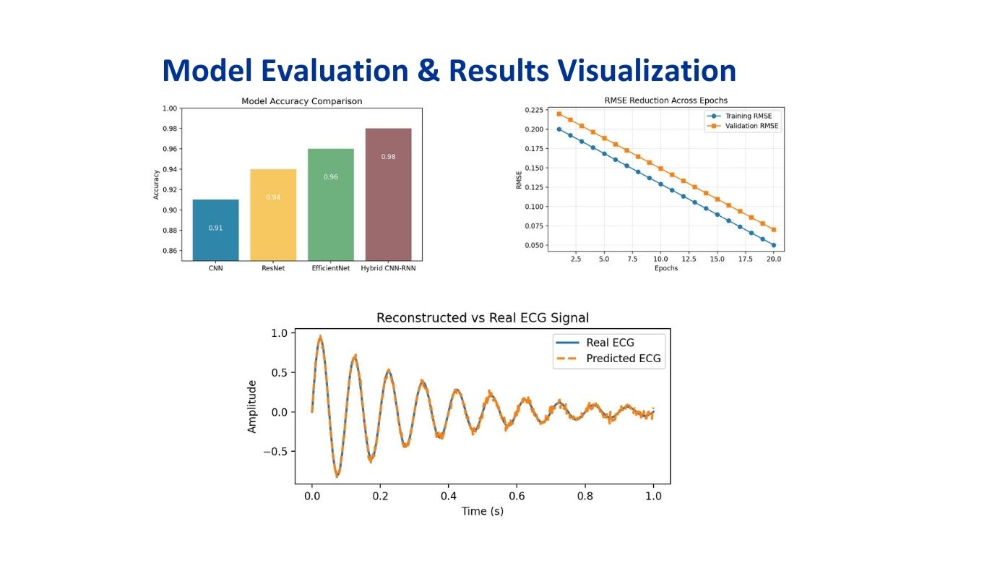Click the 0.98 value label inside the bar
click(388, 157)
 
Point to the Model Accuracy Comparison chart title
click(301, 101)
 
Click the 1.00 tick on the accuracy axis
click(170, 108)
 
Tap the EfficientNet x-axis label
click(331, 268)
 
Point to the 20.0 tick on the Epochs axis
click(773, 259)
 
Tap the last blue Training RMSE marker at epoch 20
click(773, 245)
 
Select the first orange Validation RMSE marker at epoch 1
click(559, 113)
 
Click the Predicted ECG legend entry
click(623, 359)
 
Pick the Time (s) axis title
click(483, 511)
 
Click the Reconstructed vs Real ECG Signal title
click(483, 318)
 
